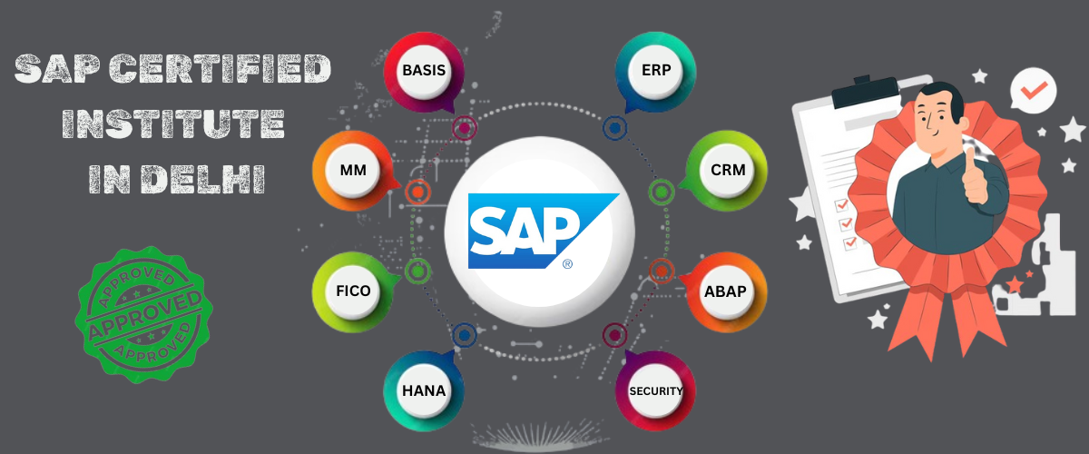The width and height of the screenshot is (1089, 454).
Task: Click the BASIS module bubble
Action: pos(424,71)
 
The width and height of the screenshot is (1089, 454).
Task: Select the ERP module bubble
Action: pos(655,71)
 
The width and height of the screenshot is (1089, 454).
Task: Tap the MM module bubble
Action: pos(353,171)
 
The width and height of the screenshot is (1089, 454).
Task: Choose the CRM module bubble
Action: pos(727,171)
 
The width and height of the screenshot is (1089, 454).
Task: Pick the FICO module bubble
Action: pos(353,292)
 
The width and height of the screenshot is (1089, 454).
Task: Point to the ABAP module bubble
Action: pos(726,292)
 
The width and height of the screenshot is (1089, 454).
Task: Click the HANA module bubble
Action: pos(424,390)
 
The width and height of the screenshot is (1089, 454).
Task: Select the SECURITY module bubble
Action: pos(655,390)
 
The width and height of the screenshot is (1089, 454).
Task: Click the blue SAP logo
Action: pos(540,231)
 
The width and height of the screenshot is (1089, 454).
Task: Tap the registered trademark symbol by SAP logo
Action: pos(567,263)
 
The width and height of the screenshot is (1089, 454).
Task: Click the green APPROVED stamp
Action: pos(144,315)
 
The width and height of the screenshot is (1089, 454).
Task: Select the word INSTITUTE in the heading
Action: pos(173,123)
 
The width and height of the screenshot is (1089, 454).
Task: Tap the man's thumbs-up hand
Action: pos(975,178)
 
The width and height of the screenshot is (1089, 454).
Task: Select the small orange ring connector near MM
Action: pos(417,192)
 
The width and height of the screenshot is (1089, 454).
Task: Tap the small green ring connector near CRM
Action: pos(662,192)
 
